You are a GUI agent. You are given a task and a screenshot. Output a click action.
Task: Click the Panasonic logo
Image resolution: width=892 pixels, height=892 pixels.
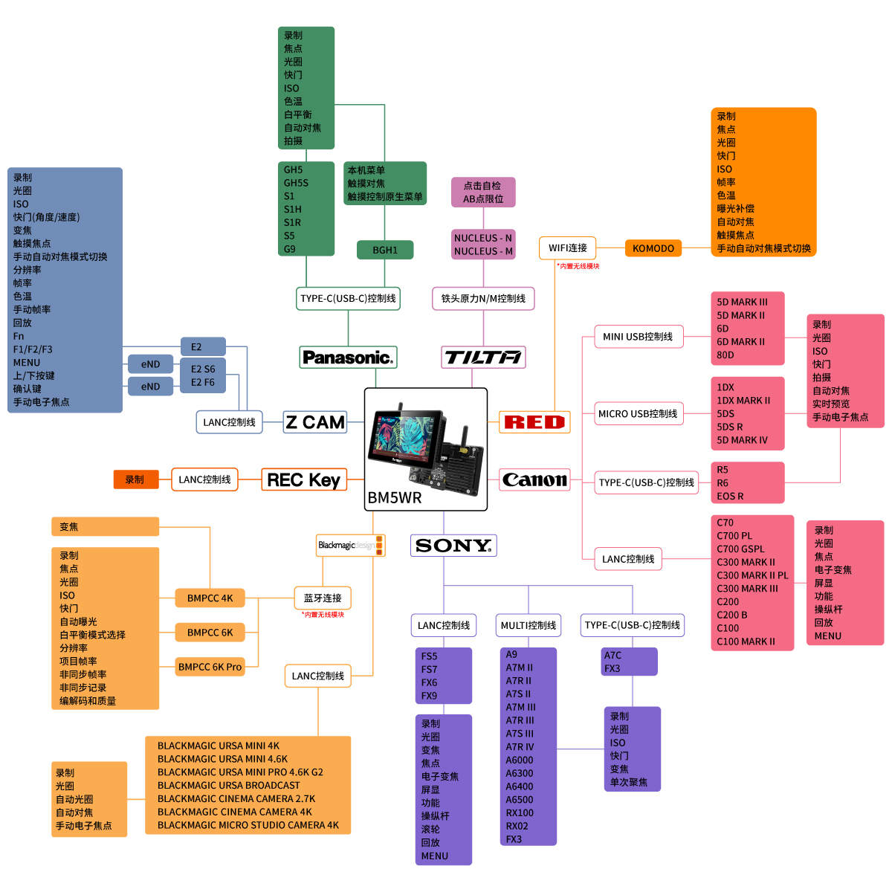pos(348,358)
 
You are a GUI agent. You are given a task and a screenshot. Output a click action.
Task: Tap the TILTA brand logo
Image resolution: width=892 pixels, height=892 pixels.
pos(483,358)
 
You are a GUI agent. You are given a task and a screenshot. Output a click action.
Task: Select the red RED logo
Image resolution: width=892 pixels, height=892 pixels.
pos(534,422)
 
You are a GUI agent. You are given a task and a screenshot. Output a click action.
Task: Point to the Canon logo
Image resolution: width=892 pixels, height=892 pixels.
pos(534,480)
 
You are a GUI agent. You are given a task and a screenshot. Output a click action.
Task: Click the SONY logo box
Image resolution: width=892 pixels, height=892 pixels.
pos(453,546)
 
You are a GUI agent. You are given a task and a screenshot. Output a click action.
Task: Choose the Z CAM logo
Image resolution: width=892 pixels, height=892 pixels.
pos(315,422)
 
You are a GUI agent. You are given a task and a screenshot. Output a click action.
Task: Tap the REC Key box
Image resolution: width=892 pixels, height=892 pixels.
pos(303,480)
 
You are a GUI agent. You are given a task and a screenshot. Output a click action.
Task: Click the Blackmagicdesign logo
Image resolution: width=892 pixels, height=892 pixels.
pos(350,546)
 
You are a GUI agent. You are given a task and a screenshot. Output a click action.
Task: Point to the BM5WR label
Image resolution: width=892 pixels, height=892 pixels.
pos(395,498)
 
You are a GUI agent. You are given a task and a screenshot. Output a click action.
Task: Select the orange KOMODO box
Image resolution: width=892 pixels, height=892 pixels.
pos(653,248)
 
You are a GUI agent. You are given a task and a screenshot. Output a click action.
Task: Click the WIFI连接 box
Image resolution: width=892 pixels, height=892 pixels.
pos(568,248)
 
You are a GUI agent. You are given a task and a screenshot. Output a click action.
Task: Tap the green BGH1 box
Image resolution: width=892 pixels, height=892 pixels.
pos(385,251)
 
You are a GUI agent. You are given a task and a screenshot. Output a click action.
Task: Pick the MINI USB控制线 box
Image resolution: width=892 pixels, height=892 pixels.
pos(638,337)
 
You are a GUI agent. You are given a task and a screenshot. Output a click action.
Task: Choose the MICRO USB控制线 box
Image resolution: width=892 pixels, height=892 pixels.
pos(638,414)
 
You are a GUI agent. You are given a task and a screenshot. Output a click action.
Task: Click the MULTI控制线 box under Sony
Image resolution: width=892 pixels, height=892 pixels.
pos(529,625)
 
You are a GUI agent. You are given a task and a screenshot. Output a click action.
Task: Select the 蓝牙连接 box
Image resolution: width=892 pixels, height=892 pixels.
pos(323,598)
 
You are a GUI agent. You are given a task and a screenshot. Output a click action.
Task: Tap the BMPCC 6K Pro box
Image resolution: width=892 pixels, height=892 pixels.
pos(210,667)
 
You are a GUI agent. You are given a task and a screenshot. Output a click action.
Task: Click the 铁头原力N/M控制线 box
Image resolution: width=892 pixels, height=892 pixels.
pos(483,298)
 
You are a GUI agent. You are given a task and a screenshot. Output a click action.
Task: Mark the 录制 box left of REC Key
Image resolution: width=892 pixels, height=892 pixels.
pos(135,479)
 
